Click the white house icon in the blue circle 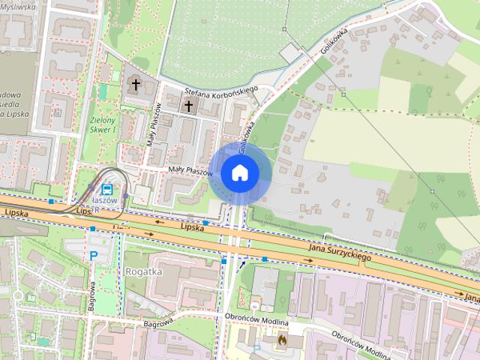point(239,172)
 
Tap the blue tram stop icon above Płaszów point(107,189)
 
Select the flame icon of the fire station point(282,340)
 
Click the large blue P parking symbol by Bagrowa point(94,256)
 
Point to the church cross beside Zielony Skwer point(136,84)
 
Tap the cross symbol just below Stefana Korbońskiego point(187,106)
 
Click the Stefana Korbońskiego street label point(221,93)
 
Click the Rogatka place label point(144,271)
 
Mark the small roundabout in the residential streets point(17,295)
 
